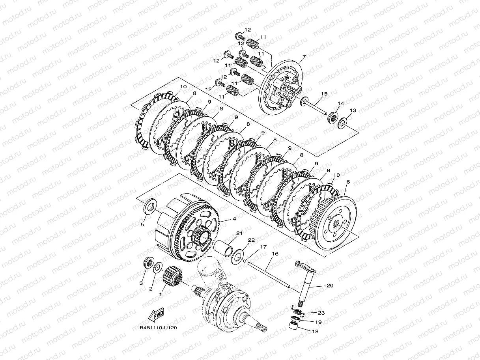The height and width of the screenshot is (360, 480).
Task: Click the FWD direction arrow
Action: tap(156, 315)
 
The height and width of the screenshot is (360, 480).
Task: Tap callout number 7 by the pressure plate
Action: tap(304, 57)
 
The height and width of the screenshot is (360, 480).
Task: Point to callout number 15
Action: tap(324, 94)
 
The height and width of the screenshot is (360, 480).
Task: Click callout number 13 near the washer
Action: tap(353, 110)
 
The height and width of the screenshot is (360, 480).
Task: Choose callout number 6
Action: tap(348, 182)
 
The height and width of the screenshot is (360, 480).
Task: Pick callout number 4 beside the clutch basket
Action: tap(234, 218)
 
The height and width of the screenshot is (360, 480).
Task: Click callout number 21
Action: tap(239, 233)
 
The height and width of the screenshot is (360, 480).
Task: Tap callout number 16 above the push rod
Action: tap(275, 254)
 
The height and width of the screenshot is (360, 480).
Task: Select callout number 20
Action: tap(330, 285)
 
